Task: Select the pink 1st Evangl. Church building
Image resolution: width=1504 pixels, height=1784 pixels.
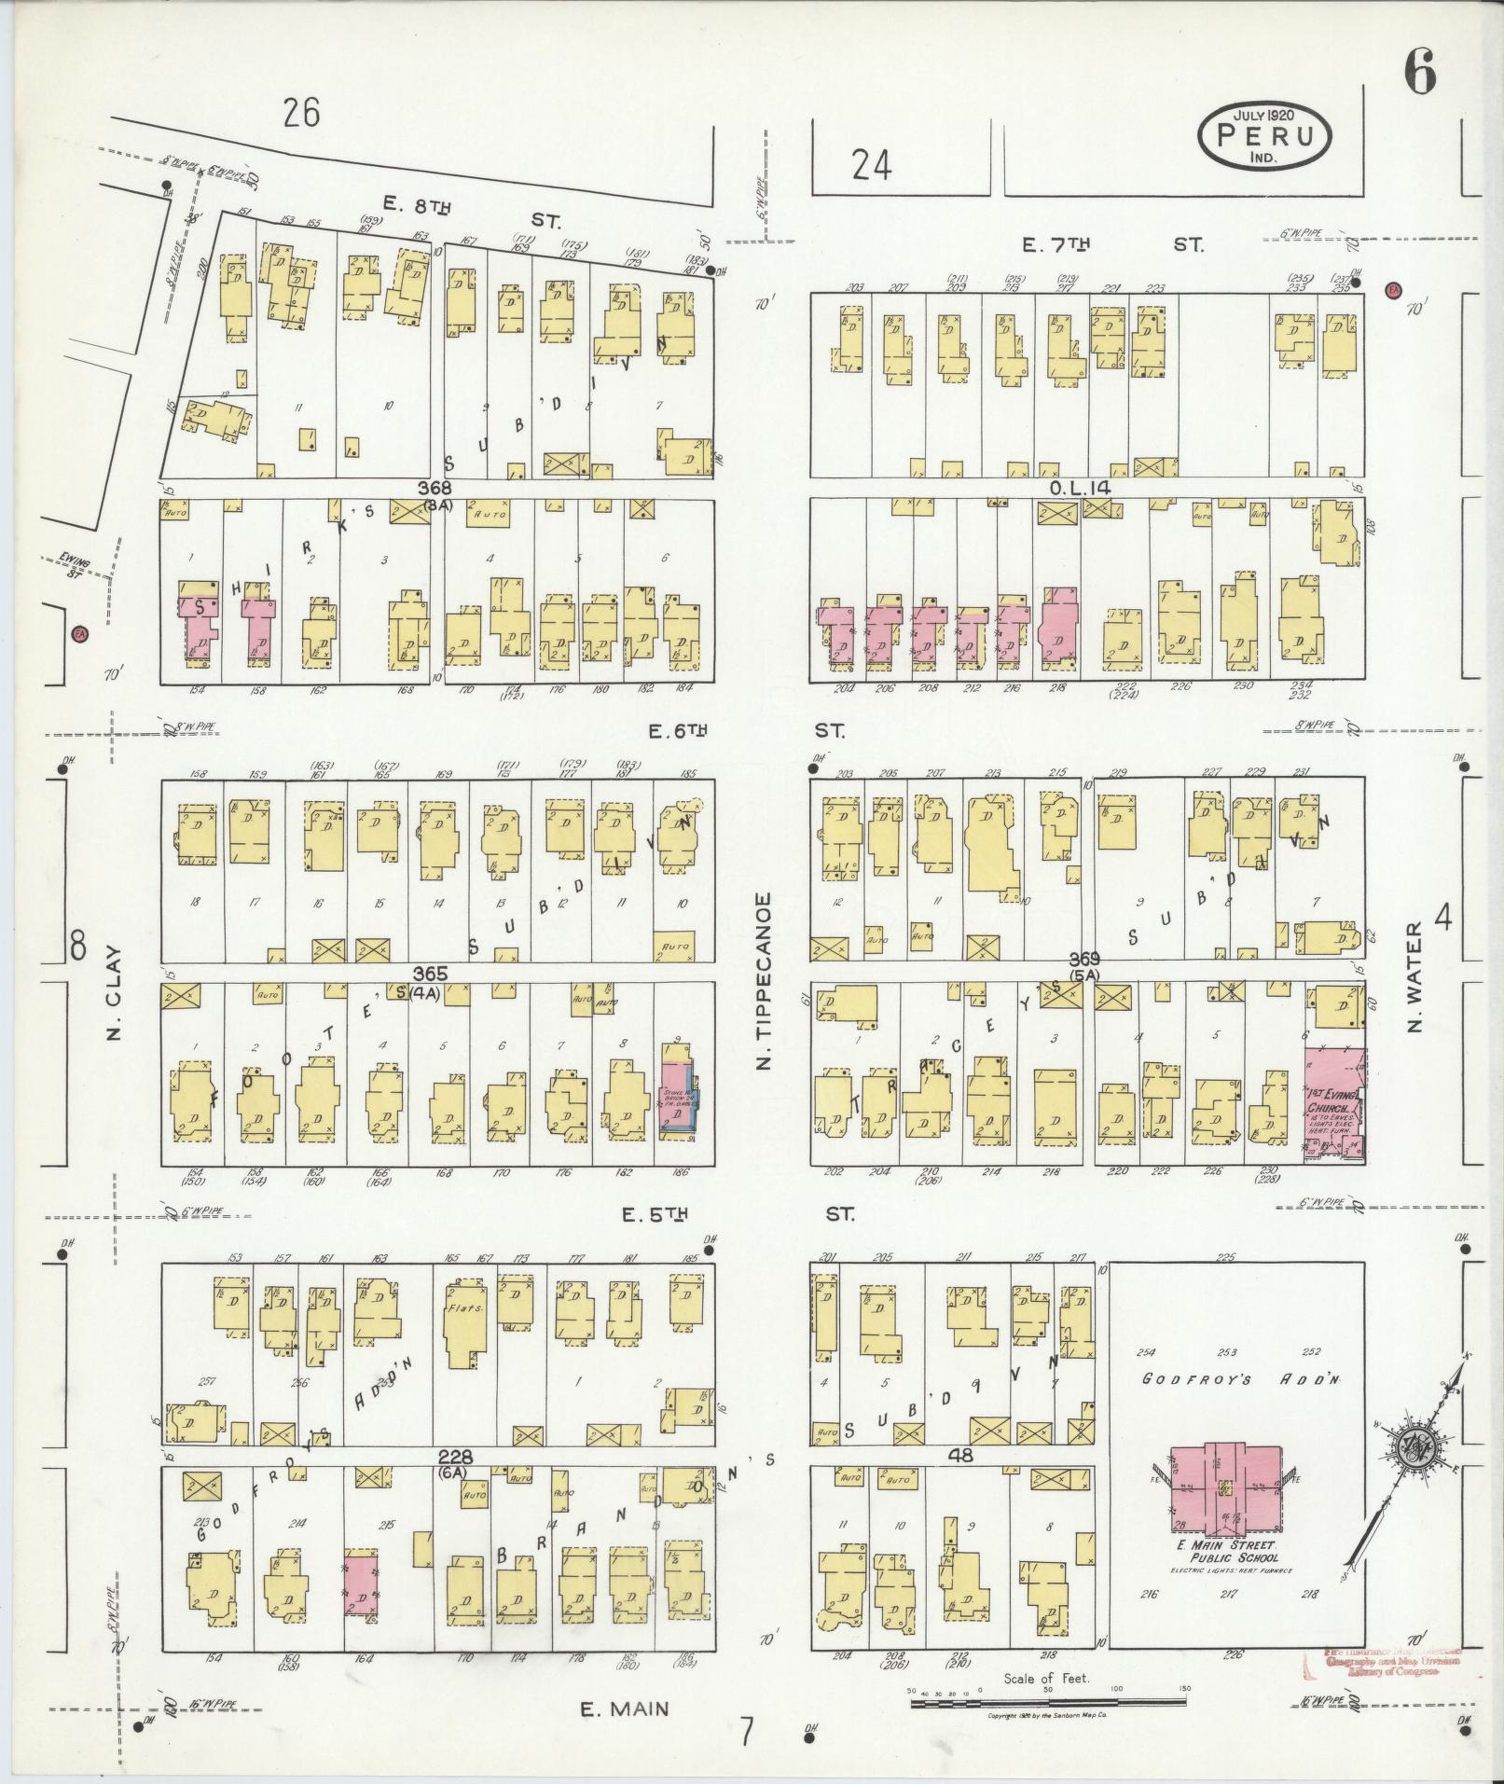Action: click(1334, 1104)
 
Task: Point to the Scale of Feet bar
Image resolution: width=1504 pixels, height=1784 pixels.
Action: click(1048, 1702)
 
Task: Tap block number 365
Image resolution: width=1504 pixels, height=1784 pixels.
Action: click(435, 974)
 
